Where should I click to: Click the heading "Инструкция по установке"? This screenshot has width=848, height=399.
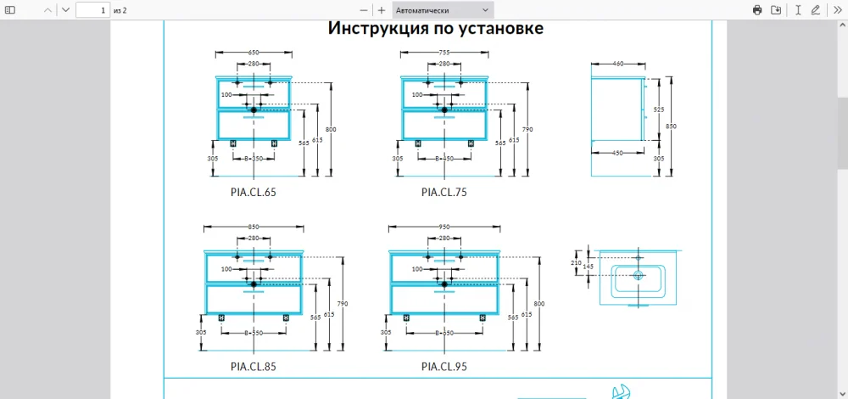[x=435, y=29]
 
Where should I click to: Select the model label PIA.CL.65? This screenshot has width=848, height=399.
[x=253, y=192]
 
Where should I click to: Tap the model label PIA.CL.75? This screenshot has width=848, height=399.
[x=444, y=192]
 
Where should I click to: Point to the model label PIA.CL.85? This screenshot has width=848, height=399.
[x=253, y=367]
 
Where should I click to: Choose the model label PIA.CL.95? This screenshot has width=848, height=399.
[x=444, y=367]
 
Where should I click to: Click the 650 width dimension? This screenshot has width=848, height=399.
[x=253, y=53]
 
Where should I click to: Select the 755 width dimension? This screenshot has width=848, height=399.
[x=444, y=53]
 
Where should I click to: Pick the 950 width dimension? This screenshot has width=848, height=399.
[x=444, y=228]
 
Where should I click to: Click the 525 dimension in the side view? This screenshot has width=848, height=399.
[x=658, y=110]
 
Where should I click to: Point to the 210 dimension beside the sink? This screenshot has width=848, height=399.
[x=577, y=264]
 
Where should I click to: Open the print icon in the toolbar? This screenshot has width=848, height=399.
[x=757, y=10]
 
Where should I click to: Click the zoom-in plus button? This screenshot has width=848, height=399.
[x=382, y=10]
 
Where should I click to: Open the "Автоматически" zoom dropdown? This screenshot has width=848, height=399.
[x=443, y=10]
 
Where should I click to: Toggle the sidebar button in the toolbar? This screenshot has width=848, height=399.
[x=11, y=10]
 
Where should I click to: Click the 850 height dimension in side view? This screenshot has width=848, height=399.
[x=671, y=126]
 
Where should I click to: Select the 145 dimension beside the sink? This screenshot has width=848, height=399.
[x=588, y=267]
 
